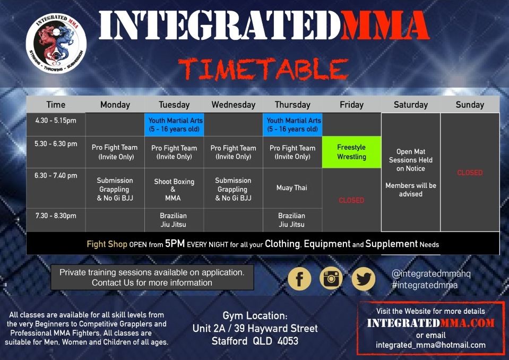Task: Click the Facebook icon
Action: [299, 279]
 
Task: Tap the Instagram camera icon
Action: [331, 279]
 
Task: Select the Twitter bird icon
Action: [364, 279]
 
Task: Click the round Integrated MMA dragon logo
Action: [56, 43]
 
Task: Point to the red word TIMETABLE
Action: [263, 69]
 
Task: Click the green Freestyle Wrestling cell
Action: [351, 152]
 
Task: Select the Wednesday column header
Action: [234, 105]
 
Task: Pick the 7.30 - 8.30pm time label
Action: [56, 216]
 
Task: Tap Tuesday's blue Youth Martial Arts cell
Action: [174, 125]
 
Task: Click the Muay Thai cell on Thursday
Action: [292, 187]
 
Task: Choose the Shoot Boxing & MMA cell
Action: [174, 190]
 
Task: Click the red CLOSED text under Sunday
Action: [470, 173]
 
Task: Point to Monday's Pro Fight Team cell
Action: [115, 152]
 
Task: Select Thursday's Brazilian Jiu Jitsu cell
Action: [292, 220]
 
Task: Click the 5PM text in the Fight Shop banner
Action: [175, 244]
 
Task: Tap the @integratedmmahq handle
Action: [431, 273]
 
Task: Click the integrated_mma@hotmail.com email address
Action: [431, 345]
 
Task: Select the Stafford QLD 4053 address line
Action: [255, 341]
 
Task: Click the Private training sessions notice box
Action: [152, 277]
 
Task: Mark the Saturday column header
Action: [411, 105]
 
